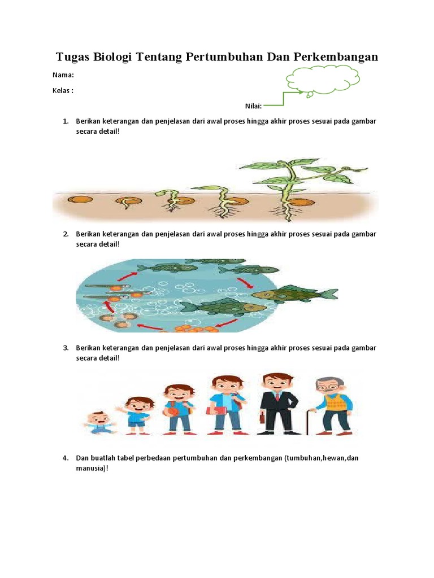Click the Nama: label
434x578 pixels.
pos(63,75)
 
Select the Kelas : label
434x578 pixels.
pos(63,91)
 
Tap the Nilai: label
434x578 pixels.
pos(253,106)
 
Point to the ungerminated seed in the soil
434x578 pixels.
pos(80,200)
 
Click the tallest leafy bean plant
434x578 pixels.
pos(301,189)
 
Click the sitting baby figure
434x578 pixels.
pos(99,423)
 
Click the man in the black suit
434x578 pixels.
pos(278,404)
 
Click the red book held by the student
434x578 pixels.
pos(216,411)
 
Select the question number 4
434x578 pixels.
pos(66,458)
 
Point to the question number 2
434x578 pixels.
pos(66,234)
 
